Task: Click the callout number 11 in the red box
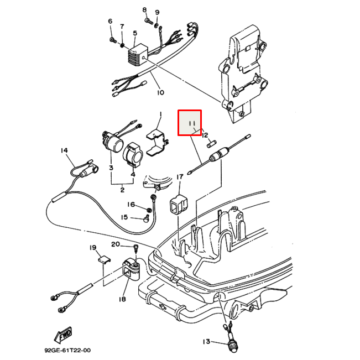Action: point(191,123)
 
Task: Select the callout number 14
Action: point(64,150)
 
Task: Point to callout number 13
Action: point(206,342)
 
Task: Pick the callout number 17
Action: point(180,177)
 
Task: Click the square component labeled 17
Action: point(177,205)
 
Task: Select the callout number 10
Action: point(160,92)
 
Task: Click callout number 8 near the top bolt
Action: point(145,10)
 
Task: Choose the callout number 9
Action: point(157,12)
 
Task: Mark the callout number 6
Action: point(110,22)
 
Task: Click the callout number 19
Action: point(93,247)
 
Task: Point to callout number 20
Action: point(116,244)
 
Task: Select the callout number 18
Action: point(122,299)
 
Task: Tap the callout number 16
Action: point(131,205)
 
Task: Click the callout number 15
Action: point(124,217)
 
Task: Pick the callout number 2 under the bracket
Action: point(122,190)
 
